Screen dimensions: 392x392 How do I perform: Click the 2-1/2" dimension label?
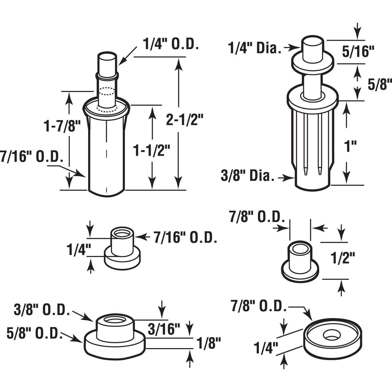185,120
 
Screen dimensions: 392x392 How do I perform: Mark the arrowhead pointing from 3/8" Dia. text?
292,178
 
